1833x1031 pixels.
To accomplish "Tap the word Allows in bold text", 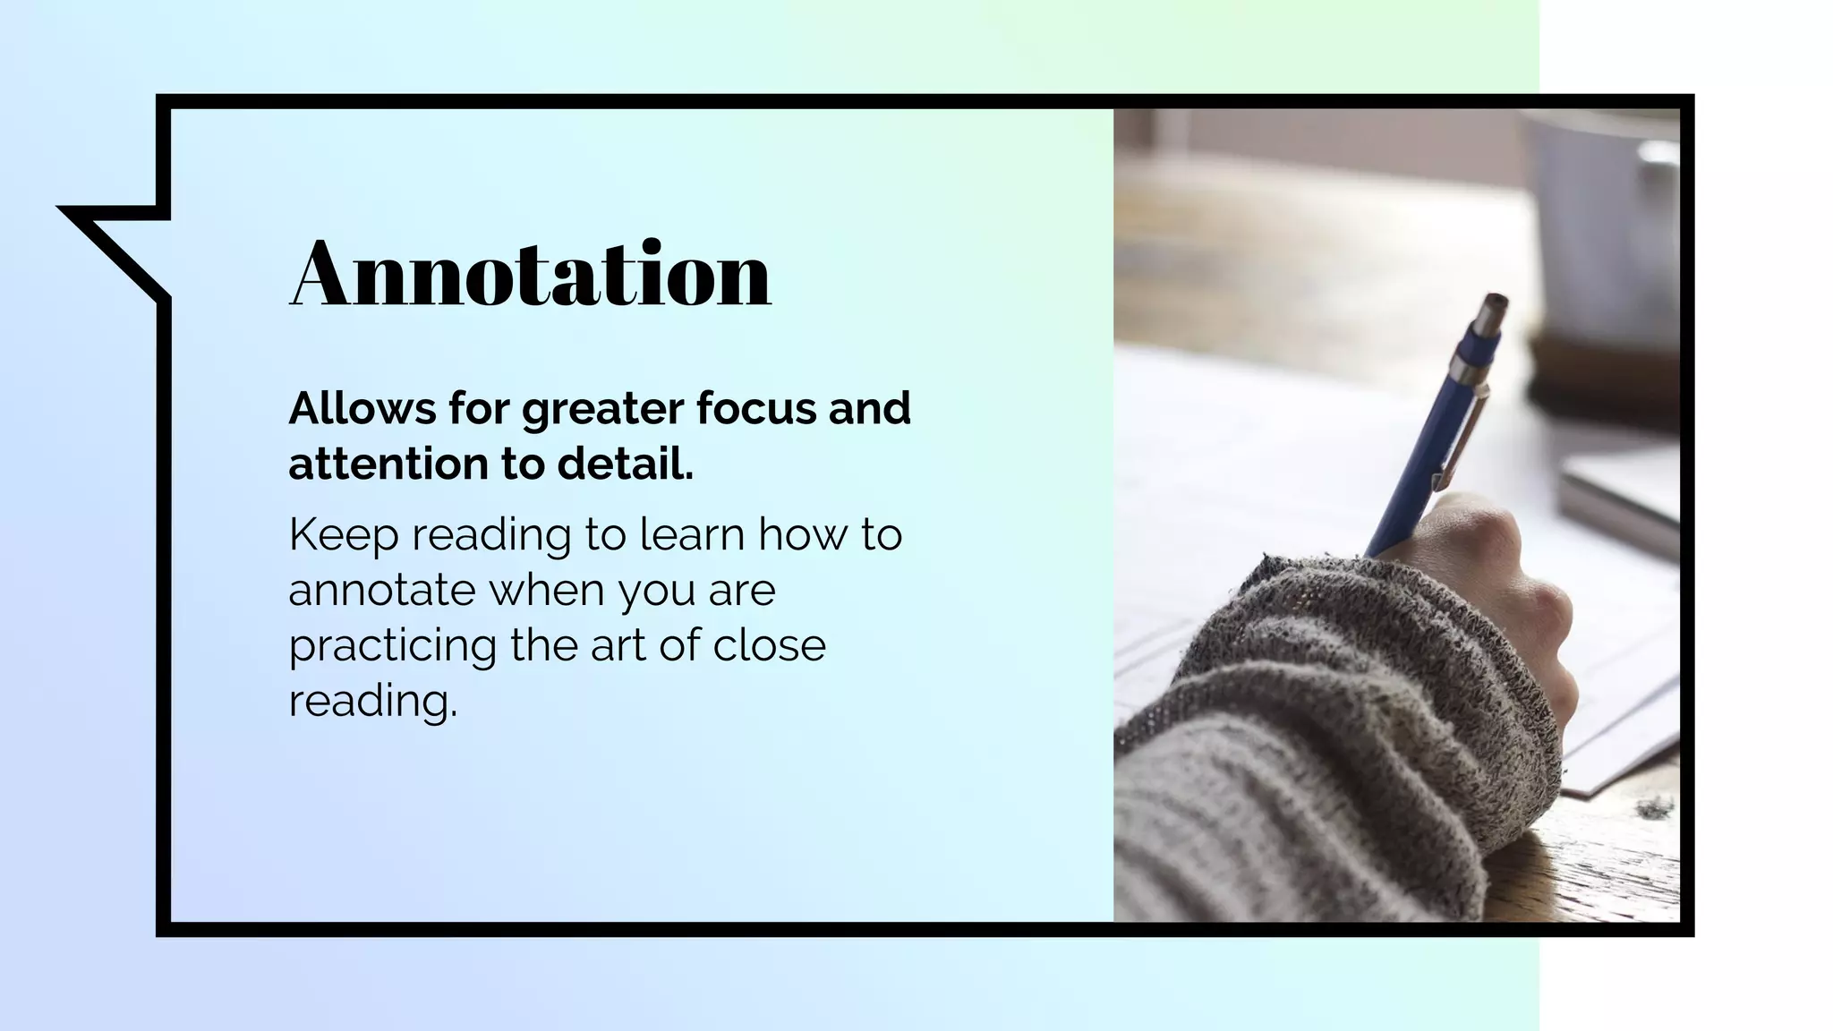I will (362, 409).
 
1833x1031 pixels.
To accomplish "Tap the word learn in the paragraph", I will (693, 535).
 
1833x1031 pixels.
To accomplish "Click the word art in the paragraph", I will (618, 646).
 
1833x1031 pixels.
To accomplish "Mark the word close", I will (769, 646).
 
